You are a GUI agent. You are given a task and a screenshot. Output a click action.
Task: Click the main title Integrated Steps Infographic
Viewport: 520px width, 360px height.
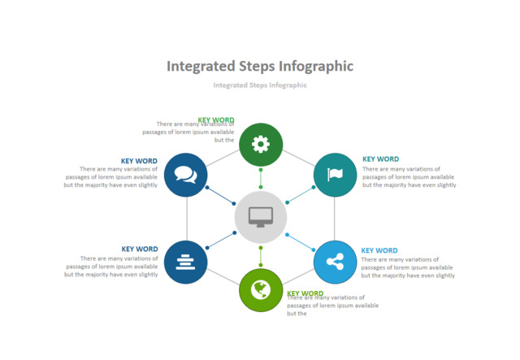tap(260, 66)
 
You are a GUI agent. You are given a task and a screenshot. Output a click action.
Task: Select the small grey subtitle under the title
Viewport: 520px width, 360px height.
tap(260, 85)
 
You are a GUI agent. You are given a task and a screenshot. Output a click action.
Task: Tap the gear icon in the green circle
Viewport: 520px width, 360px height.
tap(260, 145)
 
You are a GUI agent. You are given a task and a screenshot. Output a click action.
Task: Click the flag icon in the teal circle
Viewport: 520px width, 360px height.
tap(335, 174)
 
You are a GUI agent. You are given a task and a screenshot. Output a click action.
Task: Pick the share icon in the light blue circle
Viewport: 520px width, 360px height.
tap(335, 262)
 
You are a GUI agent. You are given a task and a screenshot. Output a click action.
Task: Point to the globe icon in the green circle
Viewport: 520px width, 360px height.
tap(261, 289)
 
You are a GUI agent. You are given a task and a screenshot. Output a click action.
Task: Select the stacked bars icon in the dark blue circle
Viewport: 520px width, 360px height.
tap(185, 262)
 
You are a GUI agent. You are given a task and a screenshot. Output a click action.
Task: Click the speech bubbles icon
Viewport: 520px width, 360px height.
tap(185, 174)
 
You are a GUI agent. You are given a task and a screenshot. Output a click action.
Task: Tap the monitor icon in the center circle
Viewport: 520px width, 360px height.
tap(261, 217)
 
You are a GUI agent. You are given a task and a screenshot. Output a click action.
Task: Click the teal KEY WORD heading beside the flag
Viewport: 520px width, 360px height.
tap(380, 159)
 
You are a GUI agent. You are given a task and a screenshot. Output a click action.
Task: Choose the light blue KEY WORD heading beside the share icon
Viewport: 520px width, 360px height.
tap(379, 250)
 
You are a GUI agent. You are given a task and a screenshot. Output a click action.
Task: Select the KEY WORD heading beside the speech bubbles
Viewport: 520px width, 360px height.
tap(139, 161)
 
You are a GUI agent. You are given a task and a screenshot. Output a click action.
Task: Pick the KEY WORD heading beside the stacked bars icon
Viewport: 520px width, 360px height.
tap(140, 249)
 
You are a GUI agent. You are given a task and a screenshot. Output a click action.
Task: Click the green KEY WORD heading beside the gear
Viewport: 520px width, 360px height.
tap(216, 120)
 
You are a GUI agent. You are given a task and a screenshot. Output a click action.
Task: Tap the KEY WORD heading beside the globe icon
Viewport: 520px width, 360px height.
tap(305, 293)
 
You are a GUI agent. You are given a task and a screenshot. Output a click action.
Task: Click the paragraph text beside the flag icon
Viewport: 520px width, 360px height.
tap(409, 177)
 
